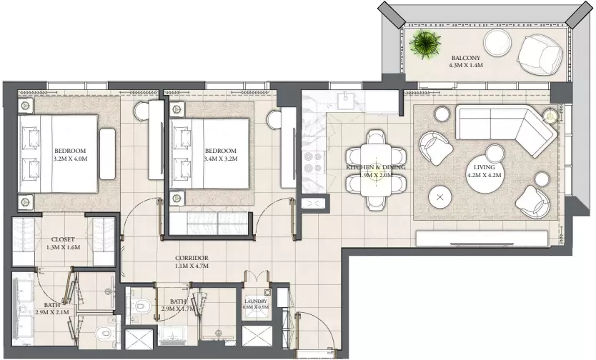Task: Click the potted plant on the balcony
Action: [425, 44]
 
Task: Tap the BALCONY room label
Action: [466, 58]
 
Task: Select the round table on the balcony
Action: [498, 43]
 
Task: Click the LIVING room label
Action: [485, 167]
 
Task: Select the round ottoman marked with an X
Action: [440, 197]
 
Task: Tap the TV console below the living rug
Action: [482, 239]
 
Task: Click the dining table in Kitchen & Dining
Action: [376, 170]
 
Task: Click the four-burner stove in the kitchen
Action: [313, 162]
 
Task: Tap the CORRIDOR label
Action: [192, 258]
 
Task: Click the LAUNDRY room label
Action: [256, 301]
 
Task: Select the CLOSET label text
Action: [63, 239]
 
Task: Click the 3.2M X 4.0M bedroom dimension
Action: [70, 159]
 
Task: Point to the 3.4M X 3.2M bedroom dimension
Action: [220, 159]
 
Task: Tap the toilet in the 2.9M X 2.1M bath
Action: [104, 333]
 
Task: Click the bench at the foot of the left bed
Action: [108, 154]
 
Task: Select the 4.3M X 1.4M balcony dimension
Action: [466, 65]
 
